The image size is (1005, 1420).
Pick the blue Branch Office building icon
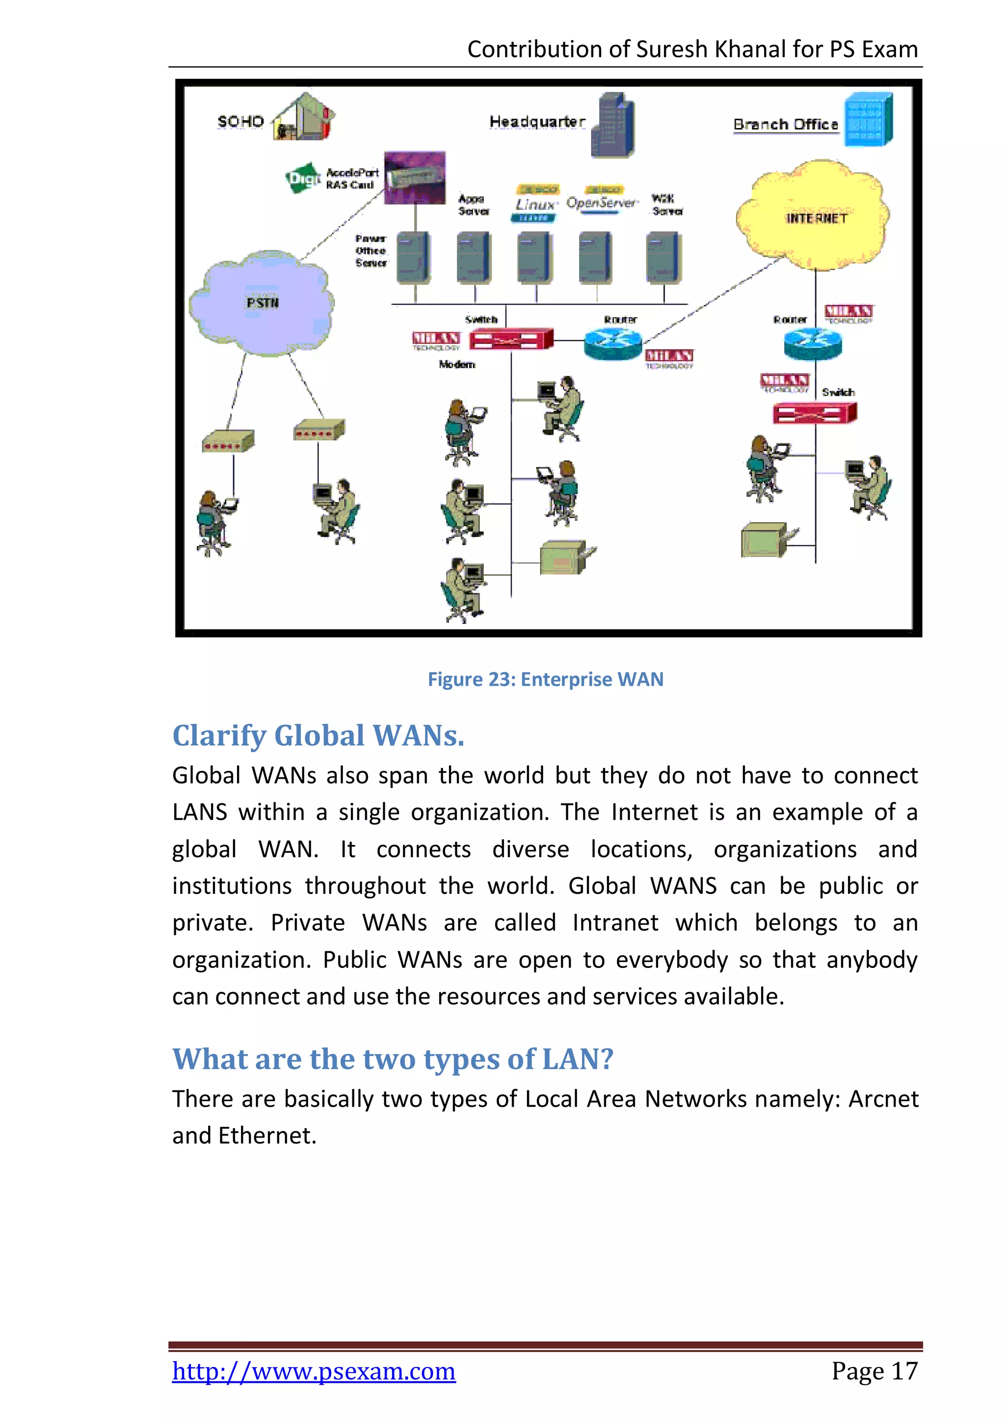click(x=870, y=119)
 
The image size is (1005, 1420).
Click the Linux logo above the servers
click(x=536, y=203)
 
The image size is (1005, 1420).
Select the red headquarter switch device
click(x=510, y=339)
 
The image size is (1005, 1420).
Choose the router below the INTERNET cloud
click(x=813, y=343)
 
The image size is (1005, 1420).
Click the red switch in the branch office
click(x=815, y=412)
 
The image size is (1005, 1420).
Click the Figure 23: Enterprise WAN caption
click(x=545, y=679)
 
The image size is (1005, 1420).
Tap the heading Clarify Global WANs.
click(x=318, y=735)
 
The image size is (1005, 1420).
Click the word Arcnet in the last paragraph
click(x=882, y=1099)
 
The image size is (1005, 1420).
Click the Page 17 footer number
click(x=874, y=1371)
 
